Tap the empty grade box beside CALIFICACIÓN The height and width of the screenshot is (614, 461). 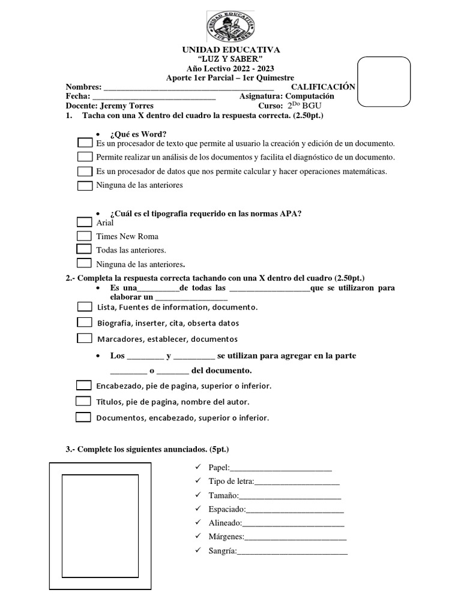(x=384, y=82)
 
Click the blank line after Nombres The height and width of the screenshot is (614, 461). (x=188, y=88)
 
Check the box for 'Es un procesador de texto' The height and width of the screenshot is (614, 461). (x=85, y=143)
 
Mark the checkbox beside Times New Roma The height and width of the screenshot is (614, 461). (x=85, y=236)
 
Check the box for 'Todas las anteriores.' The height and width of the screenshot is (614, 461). (x=85, y=249)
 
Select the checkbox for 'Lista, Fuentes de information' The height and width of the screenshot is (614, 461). (x=85, y=307)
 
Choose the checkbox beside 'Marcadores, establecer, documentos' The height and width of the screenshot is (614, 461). (x=85, y=338)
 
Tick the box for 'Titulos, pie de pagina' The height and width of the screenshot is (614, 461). (x=83, y=401)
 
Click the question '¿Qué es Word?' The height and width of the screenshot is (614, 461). (x=139, y=133)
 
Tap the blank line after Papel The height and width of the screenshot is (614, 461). (x=281, y=468)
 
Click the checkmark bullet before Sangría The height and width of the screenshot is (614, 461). (x=199, y=550)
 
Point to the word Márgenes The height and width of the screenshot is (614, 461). (x=226, y=537)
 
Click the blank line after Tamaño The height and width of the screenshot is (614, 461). (x=290, y=496)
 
